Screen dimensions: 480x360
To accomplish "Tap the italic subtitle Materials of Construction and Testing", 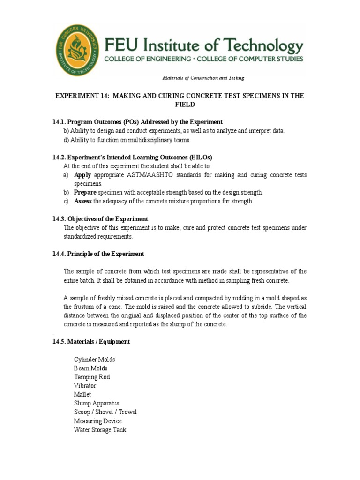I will (x=203, y=78).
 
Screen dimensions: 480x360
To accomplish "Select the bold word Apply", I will (x=82, y=175).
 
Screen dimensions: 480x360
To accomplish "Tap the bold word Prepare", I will (x=85, y=192).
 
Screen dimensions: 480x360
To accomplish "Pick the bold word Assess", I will (x=83, y=201).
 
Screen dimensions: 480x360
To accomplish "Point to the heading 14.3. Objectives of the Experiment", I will (x=100, y=219).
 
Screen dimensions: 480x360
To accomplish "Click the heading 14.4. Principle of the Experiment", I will (x=98, y=254).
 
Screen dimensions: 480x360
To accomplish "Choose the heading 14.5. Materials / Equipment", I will (x=91, y=342).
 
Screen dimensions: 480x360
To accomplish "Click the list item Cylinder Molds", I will (x=94, y=360).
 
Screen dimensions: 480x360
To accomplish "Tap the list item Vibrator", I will (x=85, y=386).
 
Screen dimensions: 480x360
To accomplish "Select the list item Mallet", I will (x=82, y=395).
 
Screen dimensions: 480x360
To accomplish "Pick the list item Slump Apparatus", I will (x=97, y=403).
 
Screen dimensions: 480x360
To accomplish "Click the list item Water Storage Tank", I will (x=100, y=430).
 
